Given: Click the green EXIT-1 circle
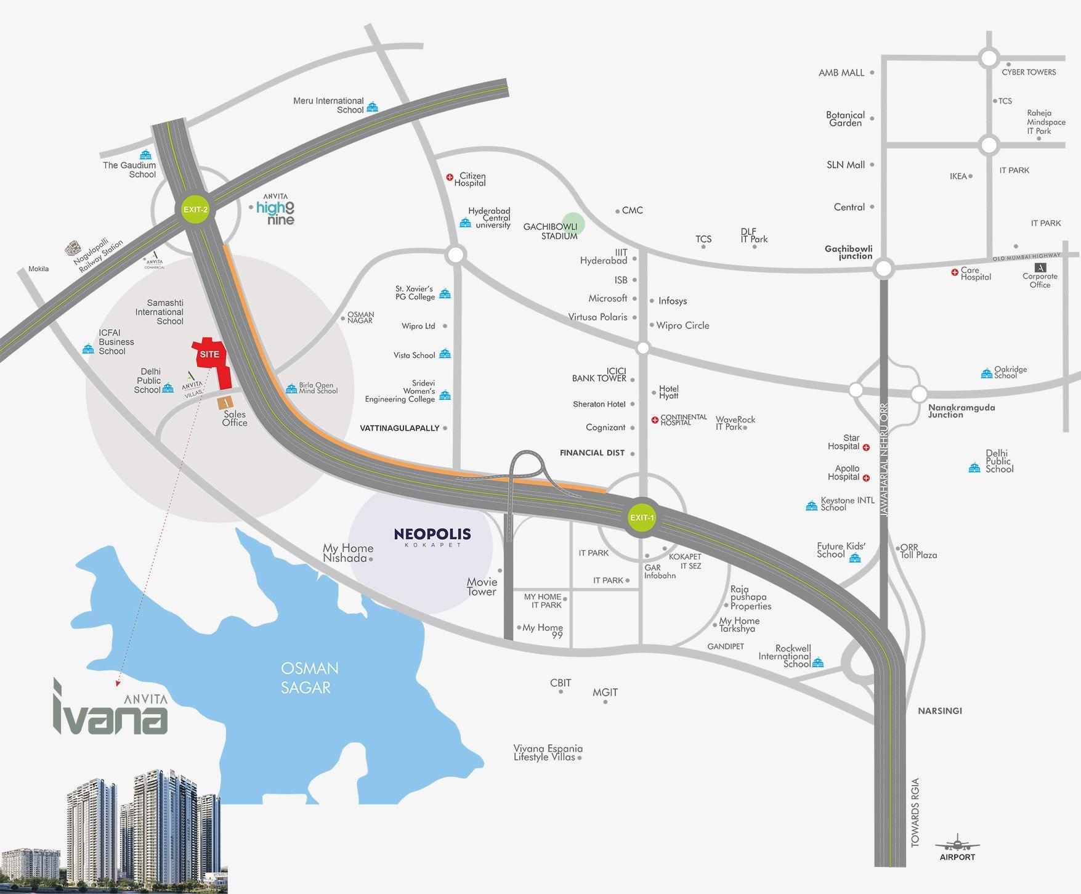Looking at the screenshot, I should tap(642, 518).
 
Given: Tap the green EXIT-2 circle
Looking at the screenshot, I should tap(196, 209).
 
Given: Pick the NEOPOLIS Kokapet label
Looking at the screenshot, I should tap(432, 536).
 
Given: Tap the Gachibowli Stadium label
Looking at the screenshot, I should tap(550, 231).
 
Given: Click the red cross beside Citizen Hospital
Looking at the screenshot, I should tap(450, 177).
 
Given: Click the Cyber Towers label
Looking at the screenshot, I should tap(1029, 72).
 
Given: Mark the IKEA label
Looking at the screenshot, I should tap(958, 176).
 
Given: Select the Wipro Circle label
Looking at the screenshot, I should tap(682, 325).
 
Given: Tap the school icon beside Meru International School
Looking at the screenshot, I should tap(372, 108).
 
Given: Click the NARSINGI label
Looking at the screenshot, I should tap(939, 710).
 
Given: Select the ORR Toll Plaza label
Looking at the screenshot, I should tap(918, 551).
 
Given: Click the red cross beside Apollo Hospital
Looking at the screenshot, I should tap(866, 477).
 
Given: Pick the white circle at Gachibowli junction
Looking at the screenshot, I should tap(884, 269).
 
